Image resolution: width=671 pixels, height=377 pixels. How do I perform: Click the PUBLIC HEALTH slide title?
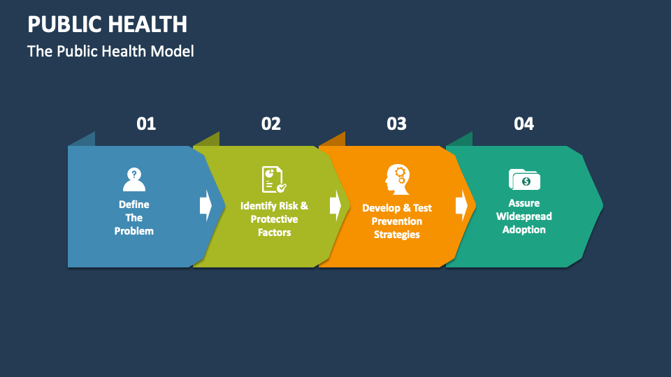coord(107,24)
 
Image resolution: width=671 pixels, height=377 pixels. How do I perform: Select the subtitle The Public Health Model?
coord(110,52)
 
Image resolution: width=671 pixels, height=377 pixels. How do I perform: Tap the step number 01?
coord(146,124)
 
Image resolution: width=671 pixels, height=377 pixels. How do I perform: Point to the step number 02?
coord(271,124)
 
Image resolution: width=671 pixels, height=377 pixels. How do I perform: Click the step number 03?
coord(396,124)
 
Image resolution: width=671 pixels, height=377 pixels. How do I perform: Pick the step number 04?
coord(524,124)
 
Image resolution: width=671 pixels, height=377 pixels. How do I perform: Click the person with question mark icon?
coord(134,179)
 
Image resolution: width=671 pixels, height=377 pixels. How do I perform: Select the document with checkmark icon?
coord(273,179)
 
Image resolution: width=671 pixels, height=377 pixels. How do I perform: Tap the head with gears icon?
coord(396,179)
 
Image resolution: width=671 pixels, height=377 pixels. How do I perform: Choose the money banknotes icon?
coord(524,179)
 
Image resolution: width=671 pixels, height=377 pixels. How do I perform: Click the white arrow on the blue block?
coord(205,205)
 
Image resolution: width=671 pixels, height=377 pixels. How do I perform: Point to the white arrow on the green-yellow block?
coord(335,205)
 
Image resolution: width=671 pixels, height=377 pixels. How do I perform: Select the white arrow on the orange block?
coord(461,205)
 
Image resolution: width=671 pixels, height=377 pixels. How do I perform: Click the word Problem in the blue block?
coord(134,231)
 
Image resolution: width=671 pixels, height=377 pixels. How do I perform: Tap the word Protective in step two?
coord(274,219)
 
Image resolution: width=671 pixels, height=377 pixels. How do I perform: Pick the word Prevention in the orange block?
coord(397,221)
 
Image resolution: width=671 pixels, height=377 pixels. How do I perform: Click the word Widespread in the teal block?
coord(524,216)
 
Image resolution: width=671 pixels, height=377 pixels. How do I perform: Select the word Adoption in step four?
coord(524,230)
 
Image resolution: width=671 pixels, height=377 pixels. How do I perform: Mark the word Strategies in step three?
coord(397,235)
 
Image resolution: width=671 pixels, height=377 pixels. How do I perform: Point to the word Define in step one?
coord(134,205)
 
